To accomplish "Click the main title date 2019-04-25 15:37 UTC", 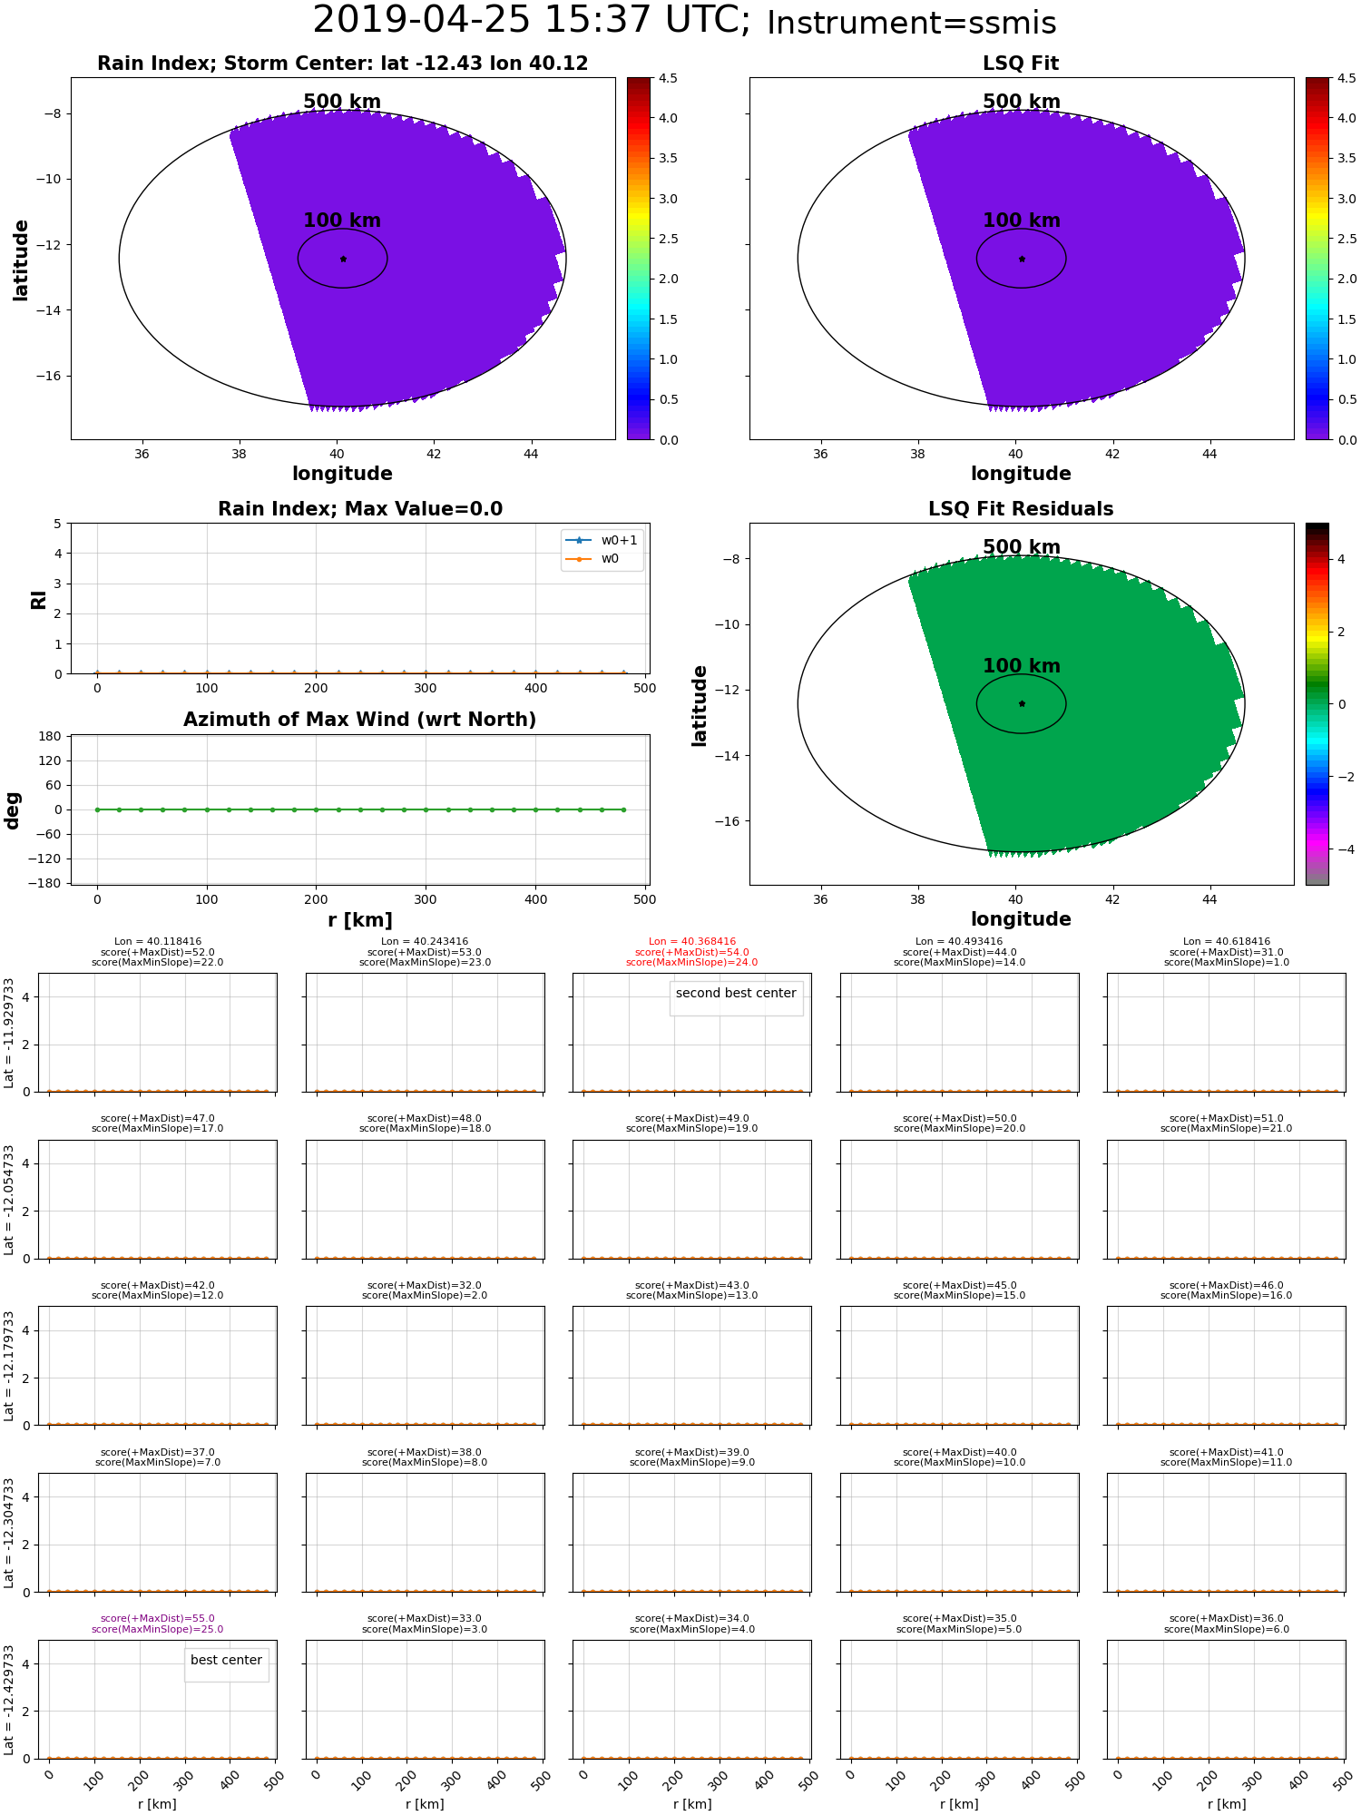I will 531,20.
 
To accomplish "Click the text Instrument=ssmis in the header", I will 911,24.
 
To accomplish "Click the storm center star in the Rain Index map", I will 343,259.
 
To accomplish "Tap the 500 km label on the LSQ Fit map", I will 1021,102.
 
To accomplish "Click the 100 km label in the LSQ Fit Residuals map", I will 1021,665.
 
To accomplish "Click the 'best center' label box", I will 226,1660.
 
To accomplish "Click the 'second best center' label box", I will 736,993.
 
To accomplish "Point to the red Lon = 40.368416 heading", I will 692,942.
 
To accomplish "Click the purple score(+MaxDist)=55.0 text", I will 158,1618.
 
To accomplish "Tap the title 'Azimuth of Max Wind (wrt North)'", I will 359,720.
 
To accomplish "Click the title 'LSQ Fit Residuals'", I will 1021,509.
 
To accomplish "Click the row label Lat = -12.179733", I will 9,1366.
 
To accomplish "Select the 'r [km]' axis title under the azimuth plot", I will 359,920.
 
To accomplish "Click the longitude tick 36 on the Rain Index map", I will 142,454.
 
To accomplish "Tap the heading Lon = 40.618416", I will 1227,942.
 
